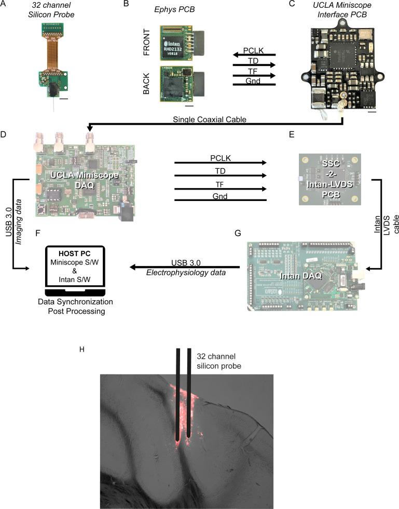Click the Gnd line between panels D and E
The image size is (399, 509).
tap(220, 199)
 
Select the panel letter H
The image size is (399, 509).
tap(81, 349)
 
